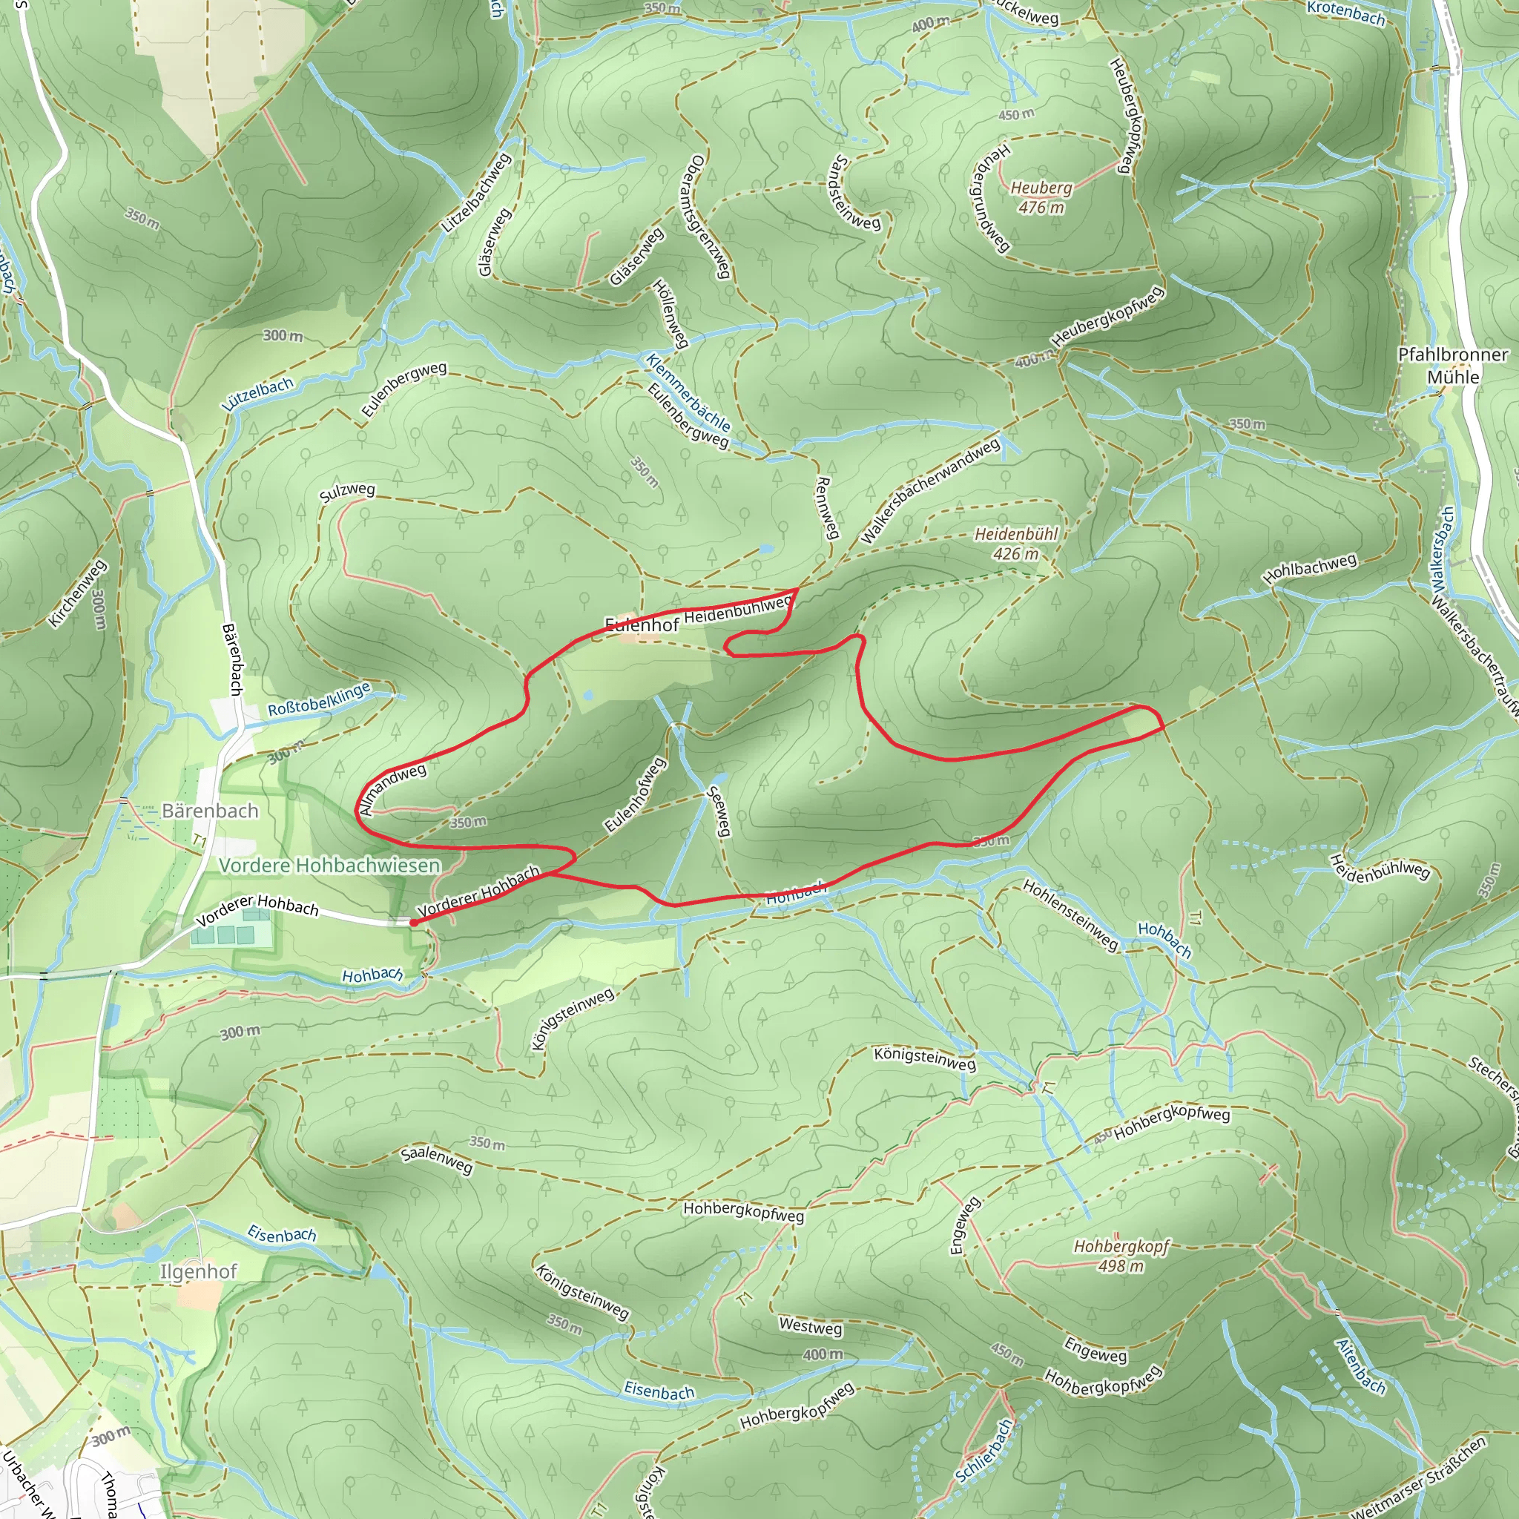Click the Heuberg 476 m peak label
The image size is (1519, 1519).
(1041, 197)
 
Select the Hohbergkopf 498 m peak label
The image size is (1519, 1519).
(1121, 1256)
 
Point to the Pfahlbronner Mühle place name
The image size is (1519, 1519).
(1453, 366)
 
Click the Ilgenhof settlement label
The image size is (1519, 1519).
(198, 1271)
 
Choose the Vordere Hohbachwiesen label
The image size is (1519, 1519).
(329, 866)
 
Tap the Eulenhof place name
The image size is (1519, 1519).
(642, 625)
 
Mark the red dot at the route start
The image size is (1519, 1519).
(414, 923)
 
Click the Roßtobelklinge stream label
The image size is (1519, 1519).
(318, 699)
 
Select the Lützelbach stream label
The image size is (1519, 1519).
(258, 394)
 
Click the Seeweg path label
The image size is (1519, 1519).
(719, 812)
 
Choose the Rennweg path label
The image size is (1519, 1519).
(825, 508)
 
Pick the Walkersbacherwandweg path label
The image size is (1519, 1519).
(931, 490)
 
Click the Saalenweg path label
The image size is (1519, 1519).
(436, 1159)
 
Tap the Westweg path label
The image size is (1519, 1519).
(811, 1325)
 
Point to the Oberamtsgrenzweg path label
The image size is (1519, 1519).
(708, 217)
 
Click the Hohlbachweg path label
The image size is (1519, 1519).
(1310, 567)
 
